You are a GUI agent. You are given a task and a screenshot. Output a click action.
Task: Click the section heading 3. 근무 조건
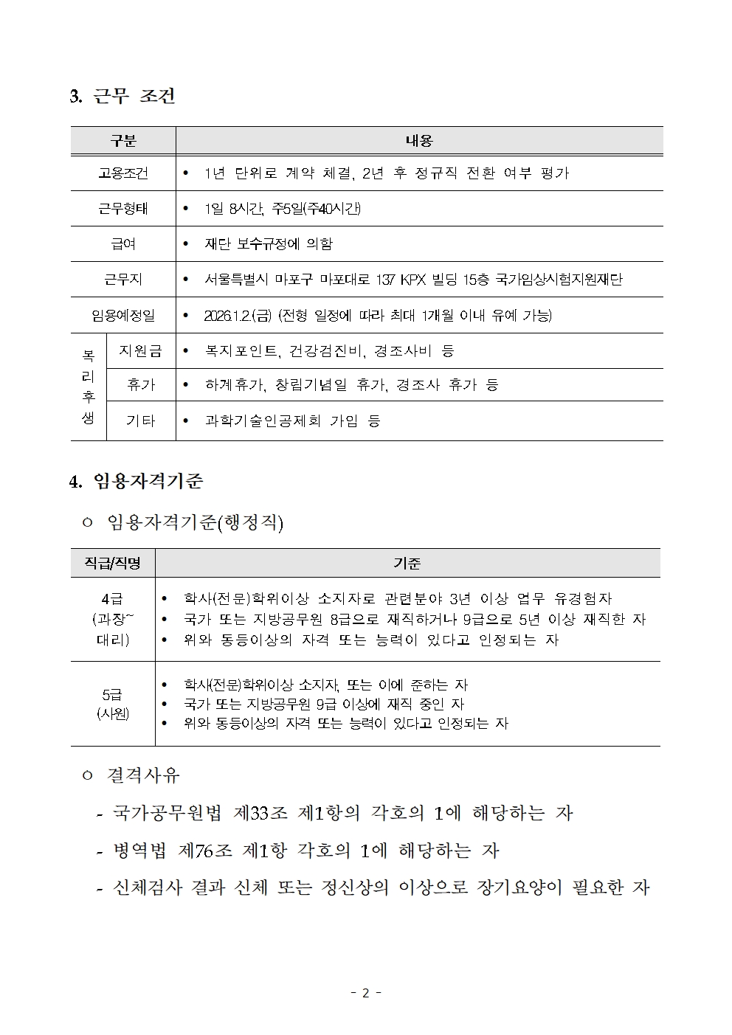tap(122, 96)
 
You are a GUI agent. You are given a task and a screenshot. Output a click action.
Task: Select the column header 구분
tap(123, 141)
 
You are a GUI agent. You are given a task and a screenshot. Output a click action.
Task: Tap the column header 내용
tap(419, 141)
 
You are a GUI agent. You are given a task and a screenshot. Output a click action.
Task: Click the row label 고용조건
tap(123, 173)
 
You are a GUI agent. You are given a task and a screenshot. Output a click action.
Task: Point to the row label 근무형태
tap(123, 209)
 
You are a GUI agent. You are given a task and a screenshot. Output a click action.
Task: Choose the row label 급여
tap(123, 244)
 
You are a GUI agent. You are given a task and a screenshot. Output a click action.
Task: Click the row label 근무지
tap(123, 280)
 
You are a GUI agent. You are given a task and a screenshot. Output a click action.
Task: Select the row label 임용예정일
tap(123, 316)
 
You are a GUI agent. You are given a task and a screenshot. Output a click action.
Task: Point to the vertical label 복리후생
tap(89, 387)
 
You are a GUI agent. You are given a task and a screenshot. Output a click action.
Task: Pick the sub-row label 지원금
tap(140, 351)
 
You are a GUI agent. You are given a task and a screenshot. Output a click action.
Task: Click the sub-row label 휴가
tap(140, 385)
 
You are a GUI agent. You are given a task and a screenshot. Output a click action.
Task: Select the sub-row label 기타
tap(140, 420)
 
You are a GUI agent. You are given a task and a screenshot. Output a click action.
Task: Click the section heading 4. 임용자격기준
tap(136, 482)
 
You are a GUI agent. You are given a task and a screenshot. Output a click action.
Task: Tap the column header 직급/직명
tap(112, 564)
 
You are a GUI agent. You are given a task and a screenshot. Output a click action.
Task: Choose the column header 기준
tap(407, 564)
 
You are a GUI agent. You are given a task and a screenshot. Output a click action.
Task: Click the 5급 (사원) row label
tap(112, 704)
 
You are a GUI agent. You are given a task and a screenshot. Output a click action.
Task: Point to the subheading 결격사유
tap(143, 775)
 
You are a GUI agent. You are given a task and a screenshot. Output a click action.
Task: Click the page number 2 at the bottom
tap(365, 993)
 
